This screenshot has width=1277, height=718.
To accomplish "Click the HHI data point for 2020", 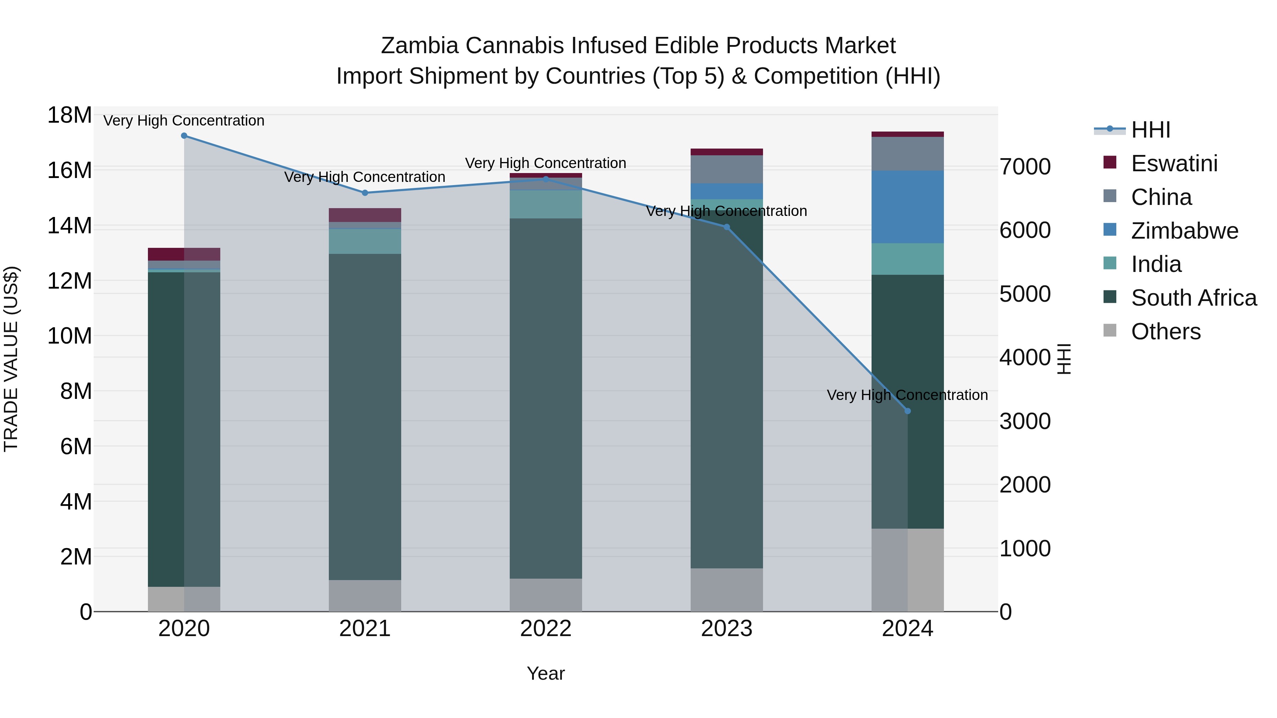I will pos(184,136).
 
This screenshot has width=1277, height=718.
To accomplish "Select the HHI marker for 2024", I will pos(908,411).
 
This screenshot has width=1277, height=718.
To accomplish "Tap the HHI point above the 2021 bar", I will pos(365,193).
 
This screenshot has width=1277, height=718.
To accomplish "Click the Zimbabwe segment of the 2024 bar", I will pos(908,207).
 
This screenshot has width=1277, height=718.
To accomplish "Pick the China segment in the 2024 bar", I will pos(908,154).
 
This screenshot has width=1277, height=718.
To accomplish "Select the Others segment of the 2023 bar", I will pos(727,590).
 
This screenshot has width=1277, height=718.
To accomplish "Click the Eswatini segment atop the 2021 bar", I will pos(365,215).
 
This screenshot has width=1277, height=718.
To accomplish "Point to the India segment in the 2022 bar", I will pos(546,204).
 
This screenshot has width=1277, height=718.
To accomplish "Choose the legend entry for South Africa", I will pos(1193,298).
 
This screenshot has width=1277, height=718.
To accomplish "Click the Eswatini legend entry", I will pos(1174,163).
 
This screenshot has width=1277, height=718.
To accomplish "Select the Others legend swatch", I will pos(1110,330).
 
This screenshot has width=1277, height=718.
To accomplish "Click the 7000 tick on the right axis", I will pos(1025,167).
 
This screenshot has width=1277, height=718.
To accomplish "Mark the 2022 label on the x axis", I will pos(546,629).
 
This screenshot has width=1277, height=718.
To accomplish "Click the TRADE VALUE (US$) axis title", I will pos(11,359).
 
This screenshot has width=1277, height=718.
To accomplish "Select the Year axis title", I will pos(546,673).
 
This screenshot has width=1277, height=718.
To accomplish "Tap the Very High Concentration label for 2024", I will pos(907,395).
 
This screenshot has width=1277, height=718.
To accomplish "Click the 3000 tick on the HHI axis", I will pos(1025,421).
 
